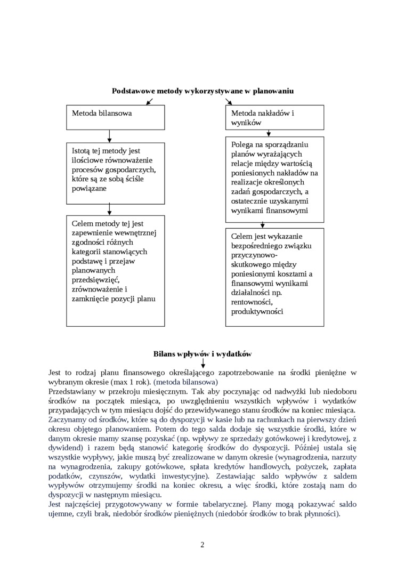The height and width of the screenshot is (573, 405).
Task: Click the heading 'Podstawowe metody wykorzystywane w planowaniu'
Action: [203, 91]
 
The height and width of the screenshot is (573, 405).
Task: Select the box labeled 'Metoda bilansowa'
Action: [115, 117]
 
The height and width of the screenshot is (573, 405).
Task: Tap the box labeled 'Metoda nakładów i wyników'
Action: [275, 117]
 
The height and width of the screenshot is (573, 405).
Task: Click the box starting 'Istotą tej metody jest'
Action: [115, 173]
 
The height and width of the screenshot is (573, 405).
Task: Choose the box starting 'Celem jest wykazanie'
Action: [275, 277]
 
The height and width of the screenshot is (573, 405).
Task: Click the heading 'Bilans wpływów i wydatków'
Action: [203, 353]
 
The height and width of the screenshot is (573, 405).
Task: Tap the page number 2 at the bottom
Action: [203, 544]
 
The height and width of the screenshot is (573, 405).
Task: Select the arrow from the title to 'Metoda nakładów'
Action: [229, 101]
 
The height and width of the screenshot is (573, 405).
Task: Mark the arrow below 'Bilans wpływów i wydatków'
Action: [203, 363]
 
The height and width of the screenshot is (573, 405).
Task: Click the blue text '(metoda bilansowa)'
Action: [186, 382]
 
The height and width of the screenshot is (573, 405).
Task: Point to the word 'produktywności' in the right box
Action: [257, 312]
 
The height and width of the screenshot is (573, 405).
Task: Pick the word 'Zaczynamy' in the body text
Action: [67, 421]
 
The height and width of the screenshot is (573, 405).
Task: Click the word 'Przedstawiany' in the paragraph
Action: [72, 392]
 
